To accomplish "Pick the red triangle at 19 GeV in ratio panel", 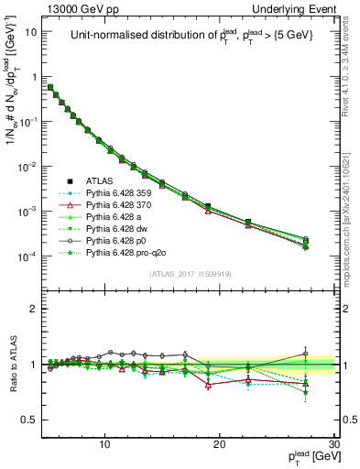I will point(209,385).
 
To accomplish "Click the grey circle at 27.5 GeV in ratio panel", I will point(306,354).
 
